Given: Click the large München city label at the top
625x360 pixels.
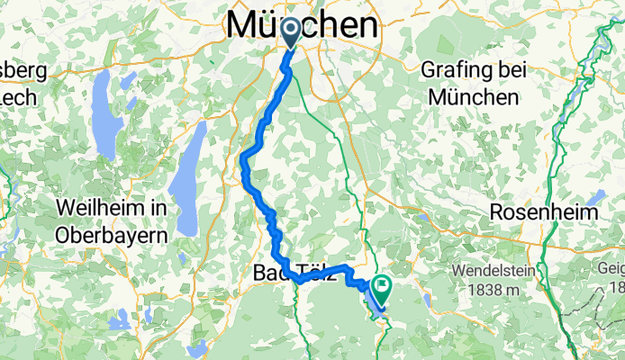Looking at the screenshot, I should coord(304,23).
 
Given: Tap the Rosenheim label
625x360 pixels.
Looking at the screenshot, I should coord(544,213).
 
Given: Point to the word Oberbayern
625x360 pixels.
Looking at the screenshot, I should coord(112,235).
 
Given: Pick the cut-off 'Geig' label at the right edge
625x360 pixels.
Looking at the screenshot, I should coord(613,269).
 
